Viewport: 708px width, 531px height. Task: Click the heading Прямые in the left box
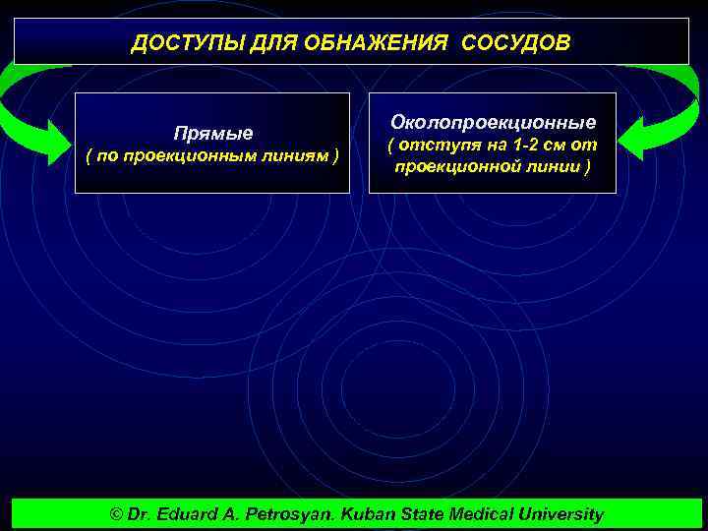point(212,133)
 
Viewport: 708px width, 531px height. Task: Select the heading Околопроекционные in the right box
point(493,123)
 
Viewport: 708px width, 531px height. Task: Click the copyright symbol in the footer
point(117,514)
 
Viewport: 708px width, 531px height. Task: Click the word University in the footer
point(563,514)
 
